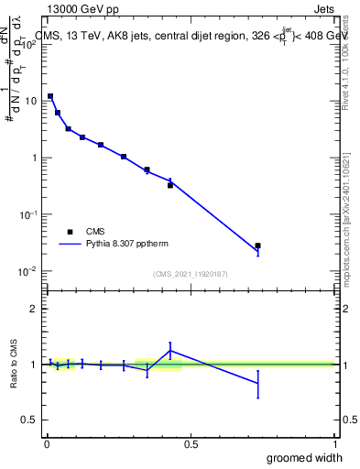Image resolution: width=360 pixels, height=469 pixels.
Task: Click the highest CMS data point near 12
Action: (50, 95)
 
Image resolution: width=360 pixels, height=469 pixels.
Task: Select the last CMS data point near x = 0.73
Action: (257, 245)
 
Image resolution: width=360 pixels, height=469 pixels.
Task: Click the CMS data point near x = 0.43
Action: (170, 185)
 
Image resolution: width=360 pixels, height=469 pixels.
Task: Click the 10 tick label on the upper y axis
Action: (33, 101)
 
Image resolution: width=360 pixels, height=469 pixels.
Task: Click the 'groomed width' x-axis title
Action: (304, 457)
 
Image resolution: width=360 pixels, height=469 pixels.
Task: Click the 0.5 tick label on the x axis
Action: (191, 444)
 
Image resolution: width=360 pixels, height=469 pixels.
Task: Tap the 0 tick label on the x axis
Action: (47, 444)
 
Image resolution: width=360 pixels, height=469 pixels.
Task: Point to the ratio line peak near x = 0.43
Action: (170, 351)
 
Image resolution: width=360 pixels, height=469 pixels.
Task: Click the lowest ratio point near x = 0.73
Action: (257, 384)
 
